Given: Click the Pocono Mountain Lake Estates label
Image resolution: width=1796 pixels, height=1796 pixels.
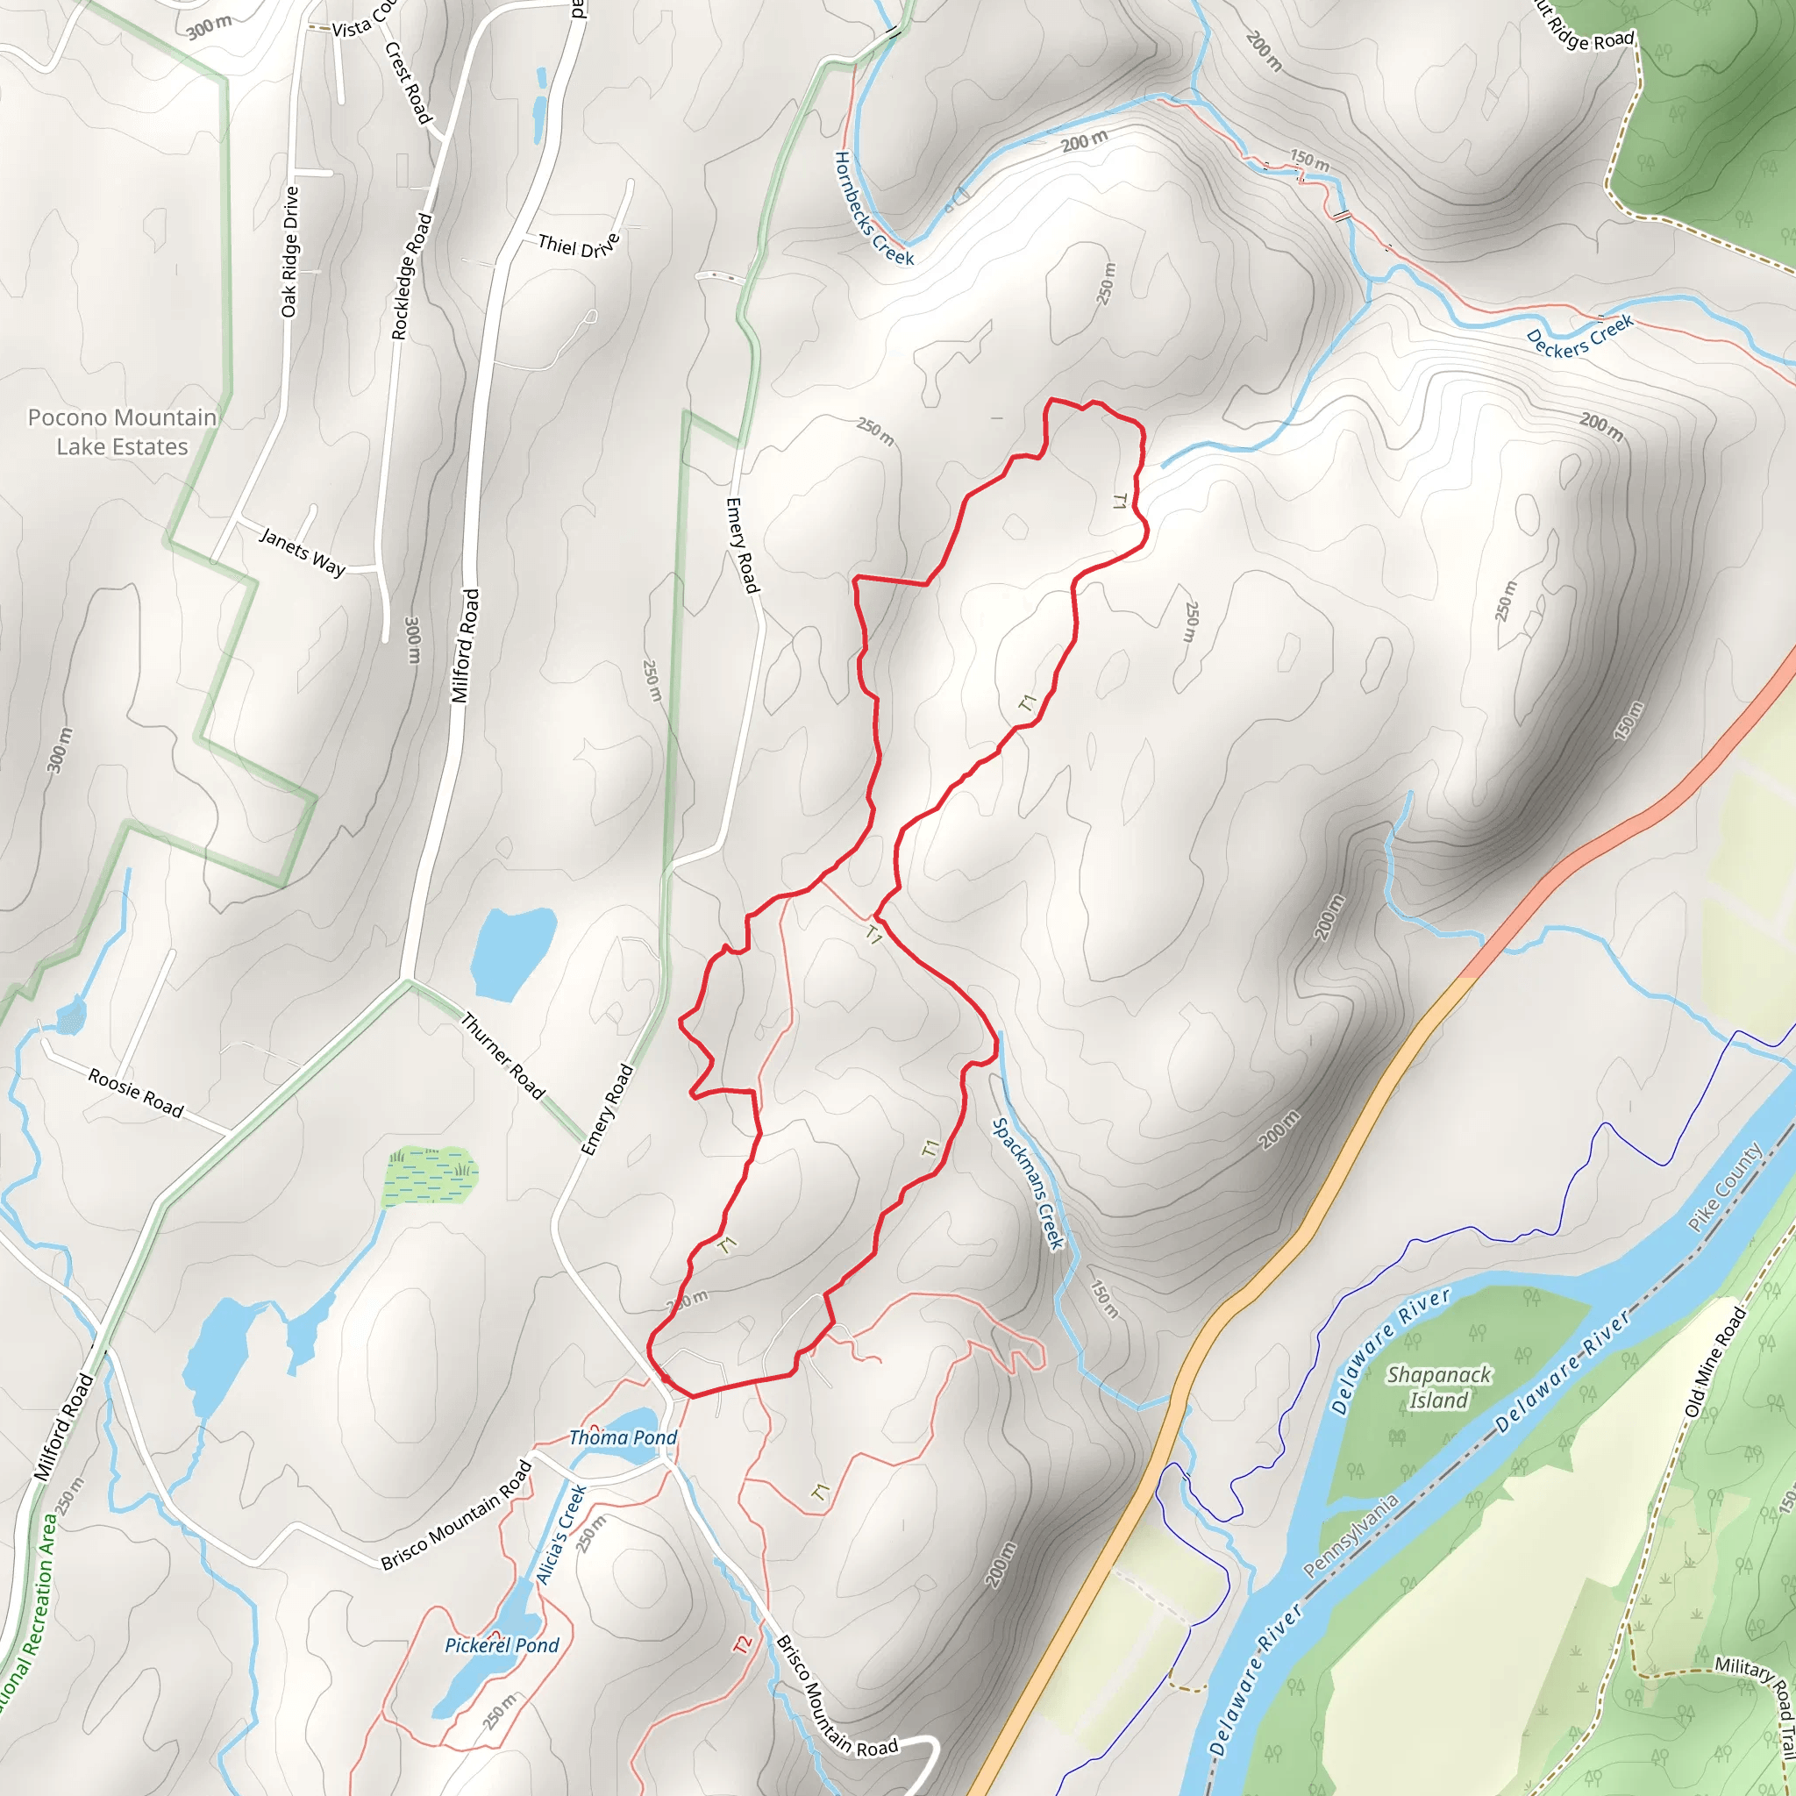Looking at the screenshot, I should (x=122, y=431).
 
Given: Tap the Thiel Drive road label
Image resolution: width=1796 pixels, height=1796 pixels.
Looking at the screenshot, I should (x=578, y=246).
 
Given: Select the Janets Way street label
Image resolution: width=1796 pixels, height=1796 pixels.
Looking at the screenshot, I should (x=303, y=552).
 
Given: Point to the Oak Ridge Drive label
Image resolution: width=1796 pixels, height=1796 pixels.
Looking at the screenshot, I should (x=291, y=251).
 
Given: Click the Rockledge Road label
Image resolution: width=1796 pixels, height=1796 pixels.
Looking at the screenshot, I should (x=412, y=276).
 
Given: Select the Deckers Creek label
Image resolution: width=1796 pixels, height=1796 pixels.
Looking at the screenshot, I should (x=1579, y=337).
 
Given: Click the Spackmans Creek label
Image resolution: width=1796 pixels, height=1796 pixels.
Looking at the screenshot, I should (x=1027, y=1183).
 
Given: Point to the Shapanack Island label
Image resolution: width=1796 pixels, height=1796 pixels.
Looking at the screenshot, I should (x=1439, y=1387).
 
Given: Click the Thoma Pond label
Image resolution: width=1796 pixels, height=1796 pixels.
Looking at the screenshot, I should (x=623, y=1437).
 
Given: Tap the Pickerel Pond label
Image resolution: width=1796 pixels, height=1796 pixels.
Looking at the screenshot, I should (x=502, y=1645).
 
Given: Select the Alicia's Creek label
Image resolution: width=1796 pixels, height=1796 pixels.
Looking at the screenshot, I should (x=561, y=1535).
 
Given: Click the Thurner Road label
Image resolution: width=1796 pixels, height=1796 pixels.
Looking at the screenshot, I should (x=502, y=1056).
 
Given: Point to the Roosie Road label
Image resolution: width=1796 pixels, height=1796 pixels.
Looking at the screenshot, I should (x=136, y=1093).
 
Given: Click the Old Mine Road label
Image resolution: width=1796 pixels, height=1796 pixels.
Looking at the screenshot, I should (x=1716, y=1361).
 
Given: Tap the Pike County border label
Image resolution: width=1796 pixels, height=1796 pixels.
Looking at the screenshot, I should (x=1725, y=1187).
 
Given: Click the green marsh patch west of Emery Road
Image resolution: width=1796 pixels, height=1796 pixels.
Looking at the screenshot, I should (x=431, y=1174).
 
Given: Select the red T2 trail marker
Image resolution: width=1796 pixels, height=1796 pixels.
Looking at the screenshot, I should (x=742, y=1644).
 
